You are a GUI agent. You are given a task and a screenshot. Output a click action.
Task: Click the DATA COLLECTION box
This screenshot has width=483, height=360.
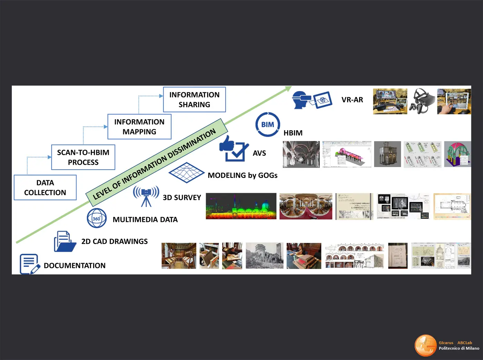coord(45,188)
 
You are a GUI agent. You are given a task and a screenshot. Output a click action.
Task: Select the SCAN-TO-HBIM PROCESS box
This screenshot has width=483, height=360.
coord(83,157)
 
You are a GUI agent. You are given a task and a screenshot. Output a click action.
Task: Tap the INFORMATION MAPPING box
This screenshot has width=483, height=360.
coord(139,127)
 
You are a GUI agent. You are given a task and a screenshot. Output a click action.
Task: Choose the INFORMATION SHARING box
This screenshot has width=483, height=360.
coord(194,100)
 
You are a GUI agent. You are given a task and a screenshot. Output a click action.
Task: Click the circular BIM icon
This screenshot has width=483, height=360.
coord(268,124)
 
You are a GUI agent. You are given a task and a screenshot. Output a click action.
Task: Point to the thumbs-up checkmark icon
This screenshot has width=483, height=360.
coord(234,149)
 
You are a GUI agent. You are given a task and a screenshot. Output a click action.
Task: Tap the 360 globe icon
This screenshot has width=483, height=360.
coord(97,218)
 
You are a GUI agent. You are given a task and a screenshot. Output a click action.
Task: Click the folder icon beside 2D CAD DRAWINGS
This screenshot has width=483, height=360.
coord(65,241)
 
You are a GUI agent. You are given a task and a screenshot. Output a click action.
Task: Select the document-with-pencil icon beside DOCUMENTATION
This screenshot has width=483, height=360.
coord(29,264)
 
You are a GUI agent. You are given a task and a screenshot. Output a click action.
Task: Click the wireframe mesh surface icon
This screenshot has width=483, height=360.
coord(186,172)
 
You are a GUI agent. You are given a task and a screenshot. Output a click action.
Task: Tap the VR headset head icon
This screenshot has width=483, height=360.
coord(301,100)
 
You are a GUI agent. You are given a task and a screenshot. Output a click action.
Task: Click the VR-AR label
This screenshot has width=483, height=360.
coord(352,100)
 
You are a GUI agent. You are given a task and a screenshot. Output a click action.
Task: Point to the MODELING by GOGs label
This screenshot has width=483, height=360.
coord(243,176)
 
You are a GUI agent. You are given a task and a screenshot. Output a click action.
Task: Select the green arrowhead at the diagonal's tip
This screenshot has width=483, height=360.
coord(287,89)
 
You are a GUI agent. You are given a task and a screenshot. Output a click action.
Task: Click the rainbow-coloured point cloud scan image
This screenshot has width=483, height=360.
coord(241,206)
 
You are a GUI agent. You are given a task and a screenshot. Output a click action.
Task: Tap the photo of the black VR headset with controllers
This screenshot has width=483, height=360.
coord(422,101)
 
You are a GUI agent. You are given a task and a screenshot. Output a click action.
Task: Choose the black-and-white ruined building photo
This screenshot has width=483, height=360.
coord(265,256)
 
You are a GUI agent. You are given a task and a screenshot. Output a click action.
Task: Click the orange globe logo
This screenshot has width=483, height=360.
coord(426,345)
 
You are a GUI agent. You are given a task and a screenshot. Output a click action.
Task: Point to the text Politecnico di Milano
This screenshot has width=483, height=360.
coord(459,348)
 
